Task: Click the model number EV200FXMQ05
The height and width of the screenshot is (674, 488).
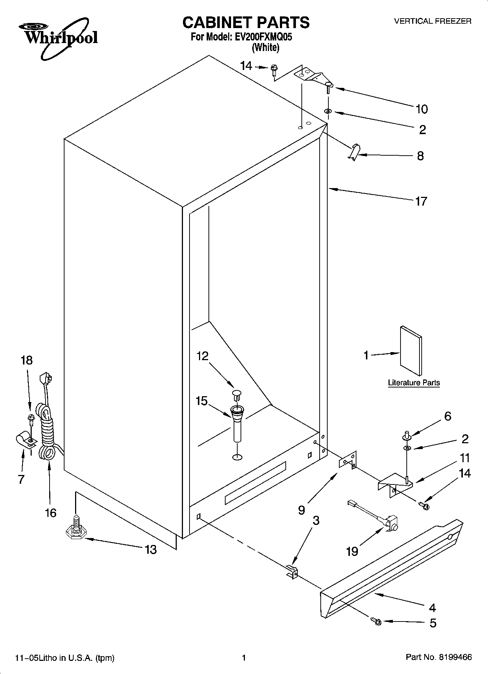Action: point(263,37)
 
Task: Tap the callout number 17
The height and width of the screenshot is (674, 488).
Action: point(421,201)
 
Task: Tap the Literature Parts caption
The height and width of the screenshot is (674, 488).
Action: point(414,383)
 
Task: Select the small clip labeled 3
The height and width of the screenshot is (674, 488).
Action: point(292,572)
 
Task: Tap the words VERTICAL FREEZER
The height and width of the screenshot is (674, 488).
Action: point(433,21)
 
